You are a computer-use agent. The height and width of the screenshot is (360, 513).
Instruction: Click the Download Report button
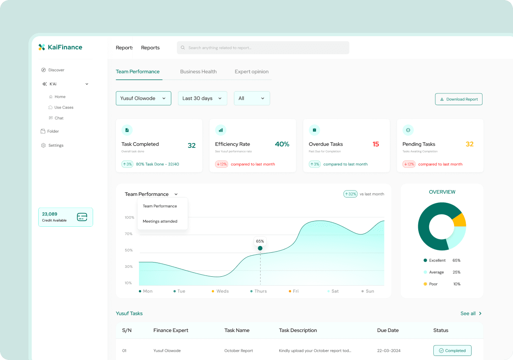[459, 99]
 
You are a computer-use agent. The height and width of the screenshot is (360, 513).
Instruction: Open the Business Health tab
[198, 72]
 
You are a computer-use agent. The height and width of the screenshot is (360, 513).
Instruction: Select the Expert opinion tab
[252, 72]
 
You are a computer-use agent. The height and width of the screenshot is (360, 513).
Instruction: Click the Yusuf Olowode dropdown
[143, 98]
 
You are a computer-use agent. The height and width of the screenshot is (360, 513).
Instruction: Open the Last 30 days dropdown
[202, 98]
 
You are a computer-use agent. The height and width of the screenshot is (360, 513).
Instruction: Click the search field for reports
[263, 48]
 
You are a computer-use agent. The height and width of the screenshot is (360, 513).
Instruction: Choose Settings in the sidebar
[56, 145]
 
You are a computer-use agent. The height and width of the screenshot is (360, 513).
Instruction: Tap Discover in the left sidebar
[56, 70]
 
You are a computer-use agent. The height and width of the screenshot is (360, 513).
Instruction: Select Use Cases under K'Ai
[63, 107]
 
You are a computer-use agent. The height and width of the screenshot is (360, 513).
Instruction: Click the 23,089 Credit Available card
[65, 217]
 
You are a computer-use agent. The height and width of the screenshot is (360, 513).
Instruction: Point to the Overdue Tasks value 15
[376, 144]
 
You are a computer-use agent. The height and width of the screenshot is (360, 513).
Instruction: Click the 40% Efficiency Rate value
[282, 144]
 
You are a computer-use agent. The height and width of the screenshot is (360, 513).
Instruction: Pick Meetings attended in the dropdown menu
[160, 221]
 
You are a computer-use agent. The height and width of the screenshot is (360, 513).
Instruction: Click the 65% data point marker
[260, 248]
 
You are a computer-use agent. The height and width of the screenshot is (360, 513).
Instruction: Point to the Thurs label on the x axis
[261, 291]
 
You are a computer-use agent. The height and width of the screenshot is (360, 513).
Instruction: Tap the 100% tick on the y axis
[129, 218]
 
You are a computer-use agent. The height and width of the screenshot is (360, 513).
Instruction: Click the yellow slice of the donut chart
[460, 220]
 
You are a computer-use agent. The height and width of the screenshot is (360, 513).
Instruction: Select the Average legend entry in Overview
[436, 272]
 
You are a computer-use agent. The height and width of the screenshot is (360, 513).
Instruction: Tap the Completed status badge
[452, 351]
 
